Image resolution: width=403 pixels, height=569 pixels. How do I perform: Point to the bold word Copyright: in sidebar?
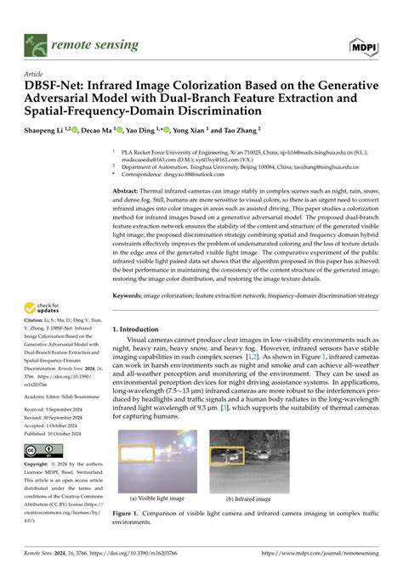[38, 465]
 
